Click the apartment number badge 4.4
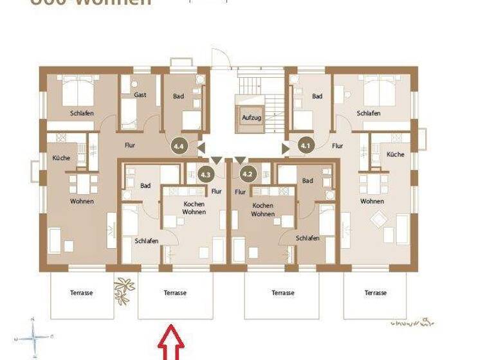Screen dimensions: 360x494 [x=178, y=146]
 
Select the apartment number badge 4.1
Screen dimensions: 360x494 [x=306, y=146]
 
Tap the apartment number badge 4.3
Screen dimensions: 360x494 [x=206, y=174]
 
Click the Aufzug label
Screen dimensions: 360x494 [x=251, y=119]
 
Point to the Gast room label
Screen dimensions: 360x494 [x=140, y=95]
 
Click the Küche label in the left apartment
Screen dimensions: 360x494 [x=62, y=157]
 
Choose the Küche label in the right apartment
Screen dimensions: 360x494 [x=396, y=154]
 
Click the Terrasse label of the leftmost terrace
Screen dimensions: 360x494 [x=82, y=293]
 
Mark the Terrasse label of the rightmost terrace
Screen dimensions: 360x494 [x=375, y=293]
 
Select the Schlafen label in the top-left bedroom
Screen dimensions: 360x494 [x=82, y=114]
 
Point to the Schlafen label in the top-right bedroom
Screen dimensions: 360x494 [x=368, y=114]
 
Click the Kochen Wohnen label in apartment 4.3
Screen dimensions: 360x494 [x=194, y=208]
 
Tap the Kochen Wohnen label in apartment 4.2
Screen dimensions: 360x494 [x=263, y=210]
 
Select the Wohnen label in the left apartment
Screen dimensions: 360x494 [x=82, y=201]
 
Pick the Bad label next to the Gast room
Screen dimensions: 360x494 [x=178, y=96]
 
